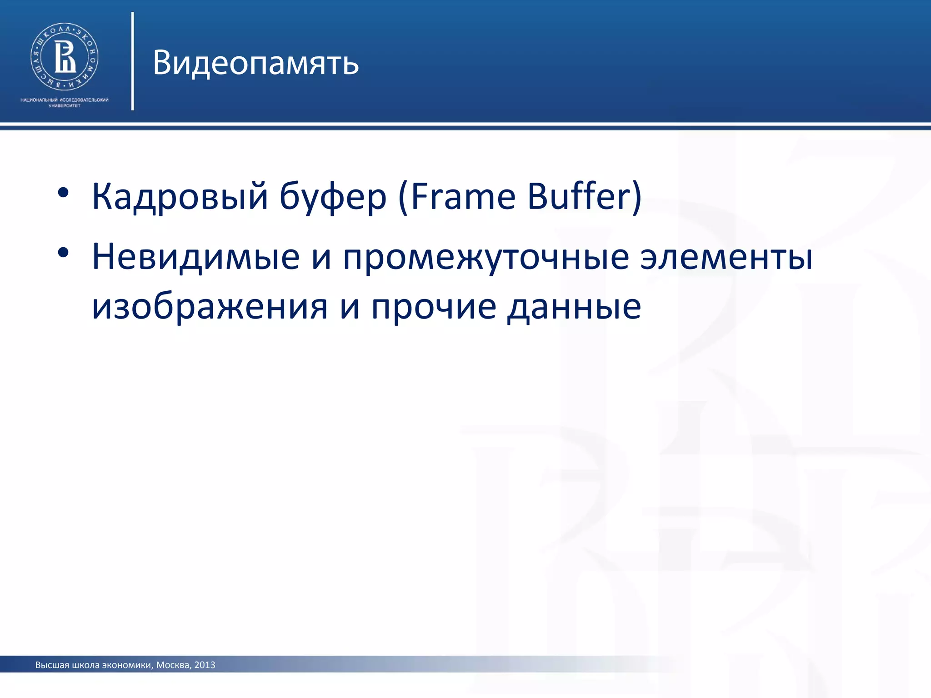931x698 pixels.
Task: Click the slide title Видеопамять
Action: pos(255,63)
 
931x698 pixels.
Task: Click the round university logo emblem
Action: pos(65,56)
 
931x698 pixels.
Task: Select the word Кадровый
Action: pos(180,196)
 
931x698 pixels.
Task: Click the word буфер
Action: pos(333,196)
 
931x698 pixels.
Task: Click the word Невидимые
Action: pos(195,257)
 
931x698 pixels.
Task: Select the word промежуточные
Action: pos(486,257)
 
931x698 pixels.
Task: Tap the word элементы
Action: pos(726,257)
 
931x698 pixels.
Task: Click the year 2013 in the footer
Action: pos(205,665)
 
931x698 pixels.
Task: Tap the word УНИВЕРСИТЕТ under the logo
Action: pos(65,106)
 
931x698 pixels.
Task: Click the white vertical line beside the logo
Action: pos(132,61)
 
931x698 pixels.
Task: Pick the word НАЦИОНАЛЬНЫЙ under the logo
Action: pos(39,100)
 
